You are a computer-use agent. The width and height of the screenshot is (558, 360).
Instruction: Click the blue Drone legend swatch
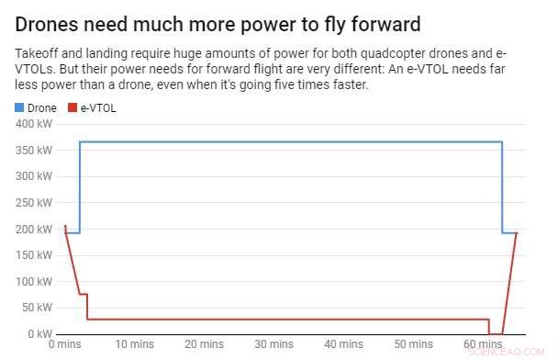click(x=20, y=107)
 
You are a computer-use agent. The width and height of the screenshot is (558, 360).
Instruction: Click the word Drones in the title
click(x=49, y=22)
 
